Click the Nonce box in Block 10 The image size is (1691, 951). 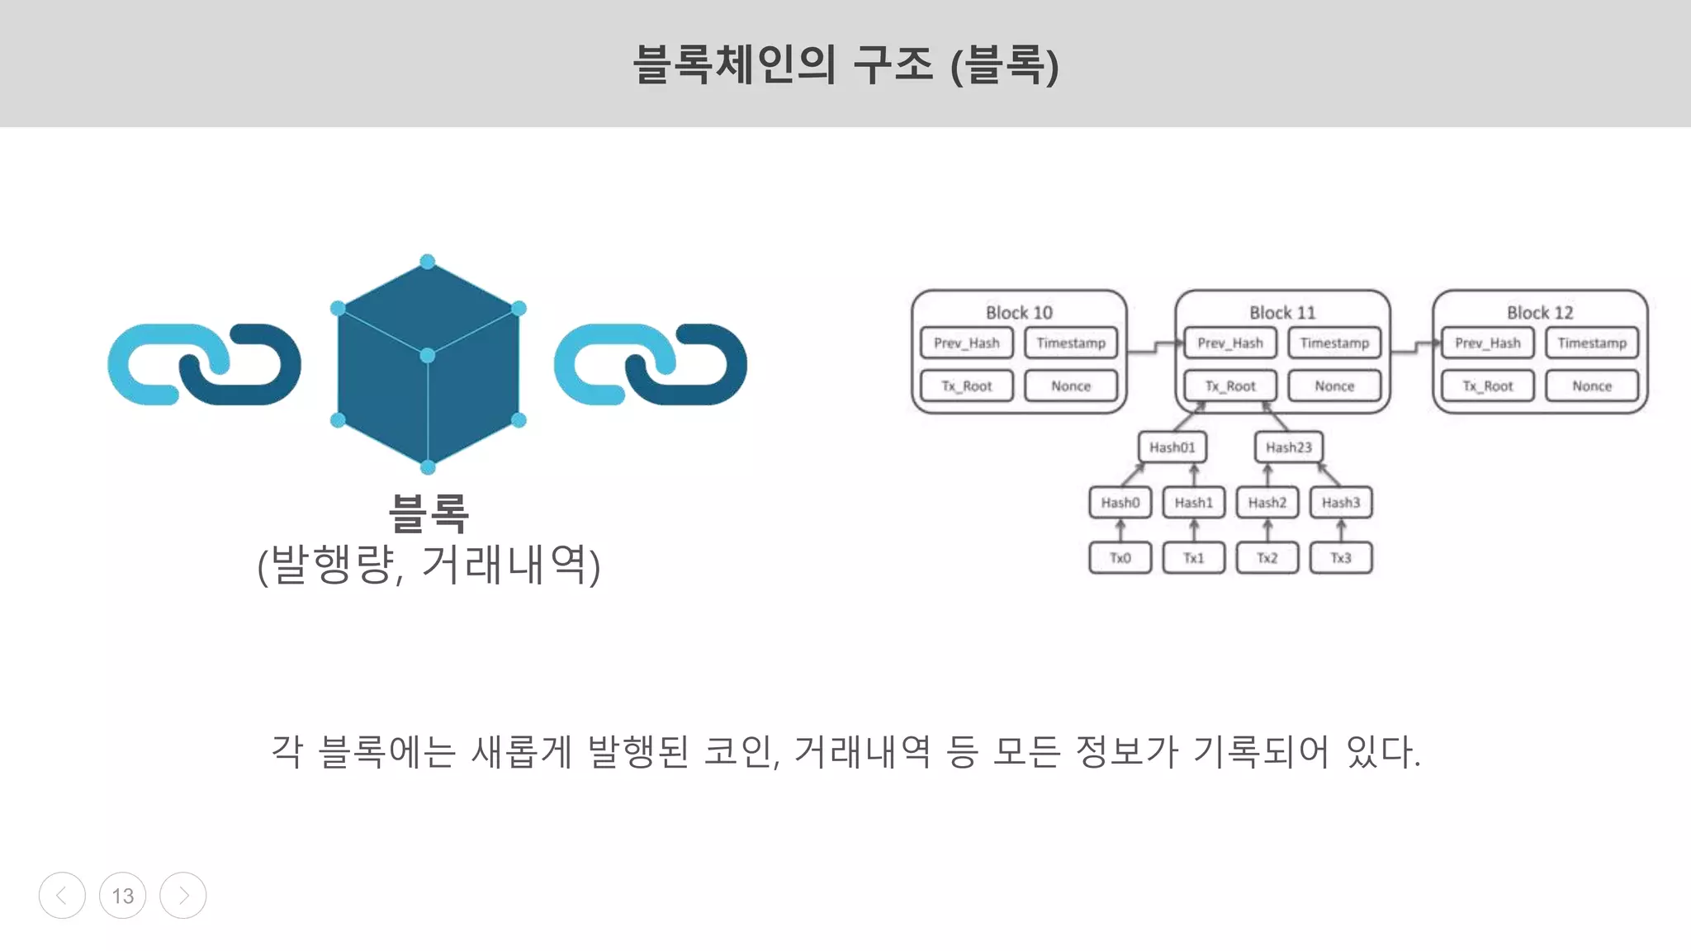(1070, 386)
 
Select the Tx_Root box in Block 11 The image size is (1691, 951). (1229, 386)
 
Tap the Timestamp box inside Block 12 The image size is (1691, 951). (1591, 343)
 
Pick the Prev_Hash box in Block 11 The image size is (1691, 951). (1229, 343)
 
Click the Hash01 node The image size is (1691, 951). (1172, 447)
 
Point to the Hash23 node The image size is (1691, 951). (1288, 447)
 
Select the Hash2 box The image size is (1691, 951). (1267, 502)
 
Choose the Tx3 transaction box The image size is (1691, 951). (1340, 558)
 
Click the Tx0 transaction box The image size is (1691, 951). (1120, 558)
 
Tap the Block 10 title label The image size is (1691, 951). (1019, 313)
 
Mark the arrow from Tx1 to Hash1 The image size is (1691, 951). (1193, 530)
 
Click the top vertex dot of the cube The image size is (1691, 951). (428, 262)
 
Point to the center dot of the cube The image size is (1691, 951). (428, 356)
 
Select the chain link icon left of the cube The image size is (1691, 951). (204, 364)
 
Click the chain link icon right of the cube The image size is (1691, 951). (650, 364)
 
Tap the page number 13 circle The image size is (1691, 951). (122, 896)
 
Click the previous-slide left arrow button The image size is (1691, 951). (62, 896)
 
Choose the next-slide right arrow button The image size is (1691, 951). (182, 896)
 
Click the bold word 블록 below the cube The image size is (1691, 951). (429, 513)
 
